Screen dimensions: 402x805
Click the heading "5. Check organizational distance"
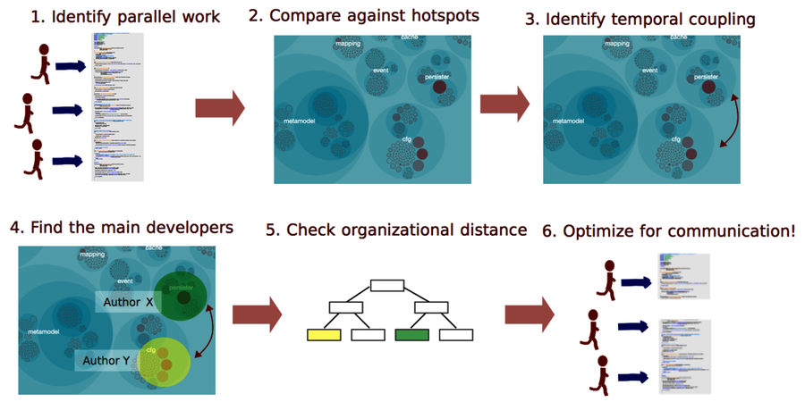[396, 230]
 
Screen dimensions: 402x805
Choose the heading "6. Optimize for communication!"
[668, 230]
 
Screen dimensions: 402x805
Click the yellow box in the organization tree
[323, 335]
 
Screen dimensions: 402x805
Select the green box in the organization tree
[411, 335]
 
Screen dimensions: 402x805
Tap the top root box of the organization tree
[388, 286]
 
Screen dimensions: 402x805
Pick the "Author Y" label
[106, 361]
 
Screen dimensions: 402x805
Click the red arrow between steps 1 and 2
[219, 108]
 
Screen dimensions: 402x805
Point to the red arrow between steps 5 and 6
[530, 314]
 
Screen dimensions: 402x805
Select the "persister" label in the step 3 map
[706, 78]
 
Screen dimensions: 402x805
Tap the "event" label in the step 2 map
[381, 70]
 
